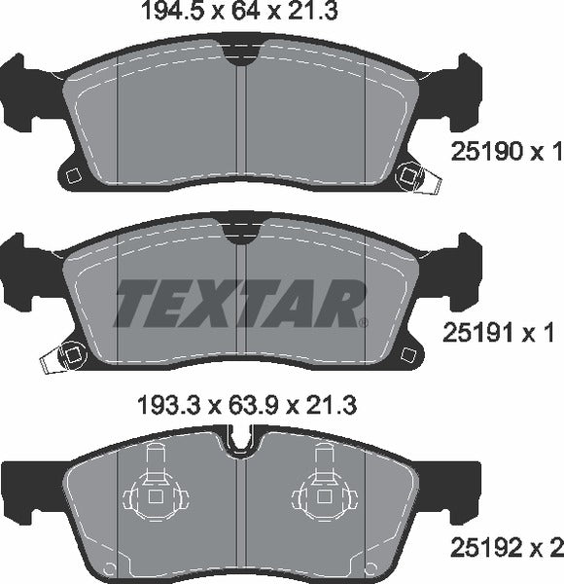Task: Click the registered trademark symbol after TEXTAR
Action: [364, 322]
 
